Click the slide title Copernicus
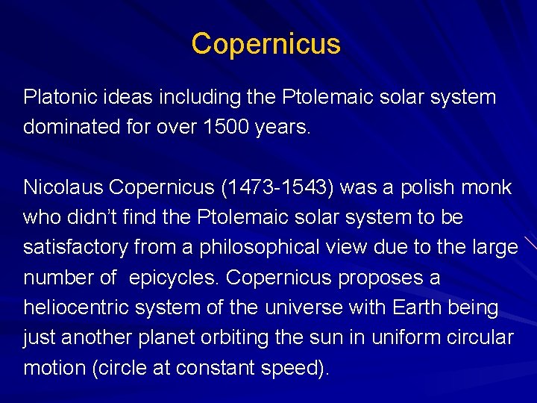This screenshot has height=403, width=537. (266, 44)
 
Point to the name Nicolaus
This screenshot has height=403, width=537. (57, 187)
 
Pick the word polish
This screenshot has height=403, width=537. (421, 187)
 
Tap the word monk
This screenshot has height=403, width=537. (487, 187)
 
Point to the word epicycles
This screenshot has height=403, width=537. (174, 278)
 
